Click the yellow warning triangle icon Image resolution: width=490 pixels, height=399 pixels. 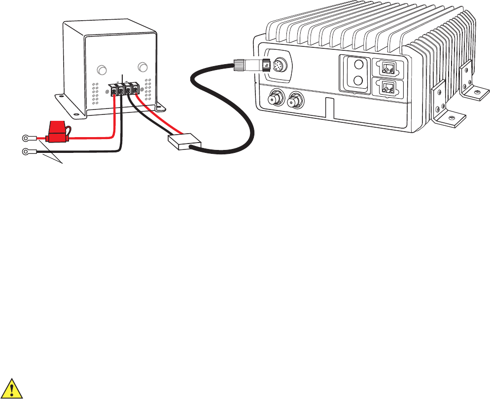tap(14, 388)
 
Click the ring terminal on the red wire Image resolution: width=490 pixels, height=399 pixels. tap(25, 139)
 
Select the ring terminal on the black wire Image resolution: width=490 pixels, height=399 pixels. tap(25, 152)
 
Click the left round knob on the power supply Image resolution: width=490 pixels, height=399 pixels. tap(102, 70)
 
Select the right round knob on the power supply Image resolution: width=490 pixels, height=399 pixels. tap(143, 67)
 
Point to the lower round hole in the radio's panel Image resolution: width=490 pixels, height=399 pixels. tap(359, 81)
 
